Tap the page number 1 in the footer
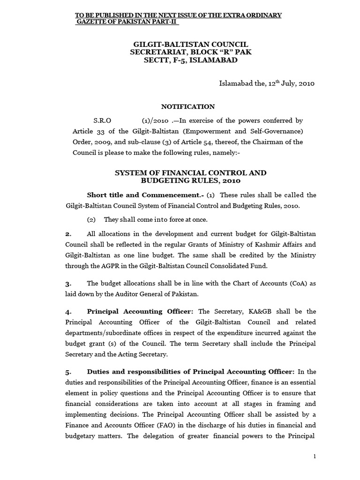point(314,457)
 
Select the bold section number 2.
point(68,233)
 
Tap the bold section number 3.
point(68,284)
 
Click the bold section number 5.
point(68,372)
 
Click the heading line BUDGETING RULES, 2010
point(191,181)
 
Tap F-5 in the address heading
point(173,60)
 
